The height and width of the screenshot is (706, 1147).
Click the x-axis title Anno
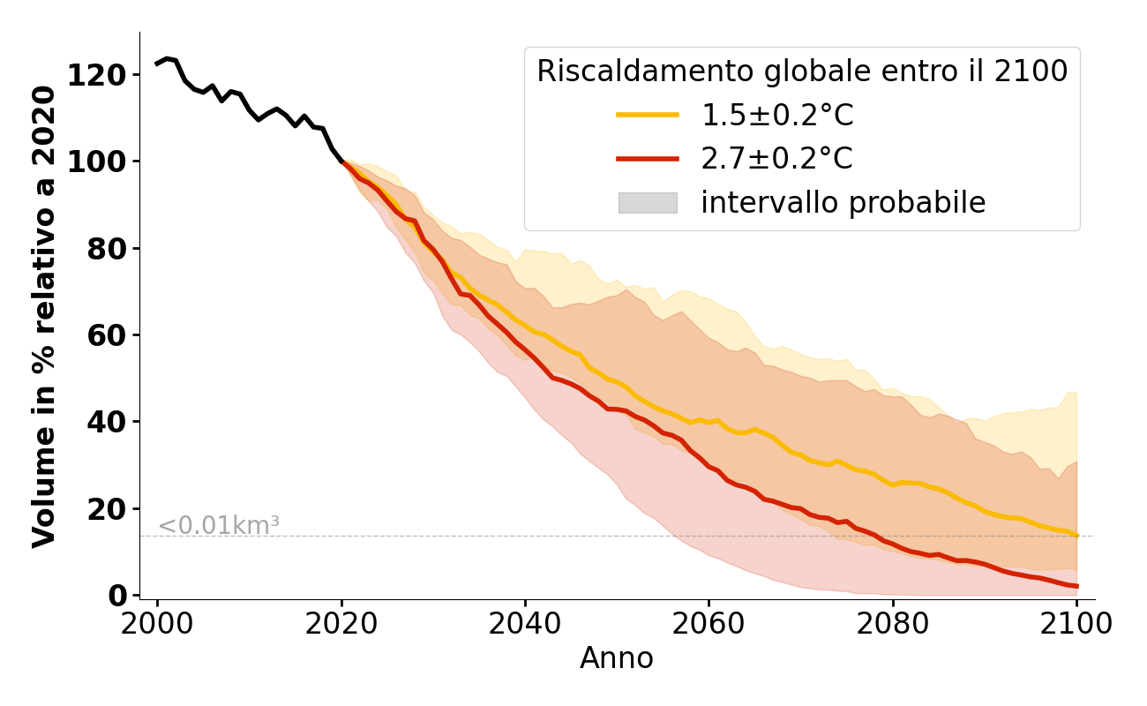point(617,658)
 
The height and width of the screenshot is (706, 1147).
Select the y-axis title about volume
point(44,315)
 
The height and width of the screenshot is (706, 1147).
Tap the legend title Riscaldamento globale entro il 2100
point(802,71)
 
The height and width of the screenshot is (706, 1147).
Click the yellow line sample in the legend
point(647,115)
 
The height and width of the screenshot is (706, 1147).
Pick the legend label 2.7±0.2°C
point(776,159)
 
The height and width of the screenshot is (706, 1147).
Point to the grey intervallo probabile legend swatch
point(647,203)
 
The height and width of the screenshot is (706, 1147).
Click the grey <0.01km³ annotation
point(219,525)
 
